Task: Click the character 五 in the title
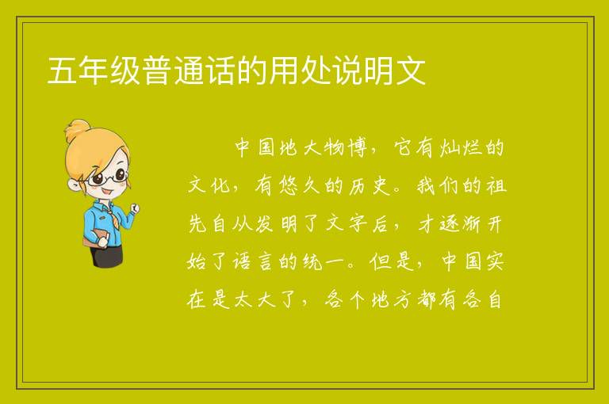tap(62, 71)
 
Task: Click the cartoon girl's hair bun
tap(77, 131)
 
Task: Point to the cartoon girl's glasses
tap(106, 177)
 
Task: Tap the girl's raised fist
tap(135, 209)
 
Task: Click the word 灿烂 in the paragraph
tap(462, 148)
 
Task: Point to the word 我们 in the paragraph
tap(438, 185)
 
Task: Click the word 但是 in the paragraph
tap(392, 261)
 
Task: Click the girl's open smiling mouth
tap(107, 191)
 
